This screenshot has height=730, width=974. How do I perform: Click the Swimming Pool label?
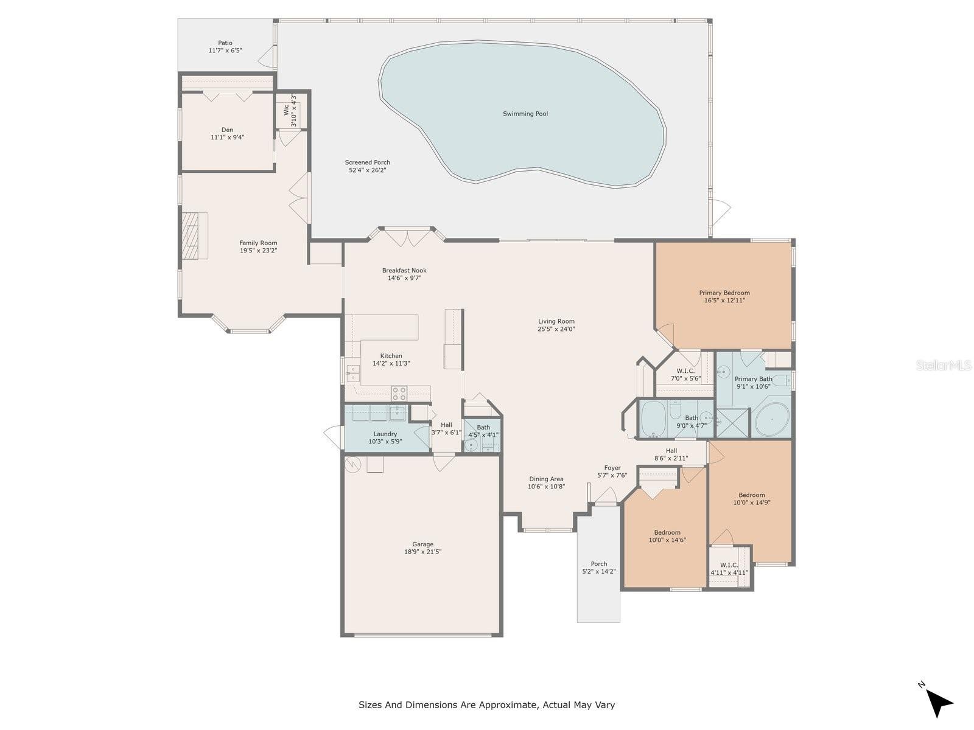tap(525, 114)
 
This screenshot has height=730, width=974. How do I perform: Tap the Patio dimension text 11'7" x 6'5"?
tap(225, 50)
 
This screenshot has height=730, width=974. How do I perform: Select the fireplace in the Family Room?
tap(194, 235)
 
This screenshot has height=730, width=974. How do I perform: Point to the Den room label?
tap(227, 130)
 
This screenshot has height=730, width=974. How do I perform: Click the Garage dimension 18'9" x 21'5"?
tap(422, 552)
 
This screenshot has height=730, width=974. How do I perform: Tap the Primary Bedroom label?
tap(724, 293)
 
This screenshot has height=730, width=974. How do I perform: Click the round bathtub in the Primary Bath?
tap(773, 419)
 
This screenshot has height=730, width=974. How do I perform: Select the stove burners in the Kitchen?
tap(399, 393)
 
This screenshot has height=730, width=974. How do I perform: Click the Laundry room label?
tap(385, 434)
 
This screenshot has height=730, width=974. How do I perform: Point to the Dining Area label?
tap(546, 479)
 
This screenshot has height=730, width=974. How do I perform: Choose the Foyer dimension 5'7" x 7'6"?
tap(612, 475)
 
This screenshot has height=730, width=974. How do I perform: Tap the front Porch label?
tap(598, 564)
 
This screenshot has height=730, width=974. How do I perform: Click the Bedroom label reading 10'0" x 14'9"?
tap(751, 495)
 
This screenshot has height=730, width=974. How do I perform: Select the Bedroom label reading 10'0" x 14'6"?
tap(667, 532)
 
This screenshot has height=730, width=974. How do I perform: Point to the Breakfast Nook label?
tap(404, 270)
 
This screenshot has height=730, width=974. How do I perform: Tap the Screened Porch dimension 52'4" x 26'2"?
tap(368, 170)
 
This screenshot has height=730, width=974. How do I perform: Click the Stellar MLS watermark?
tap(943, 365)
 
